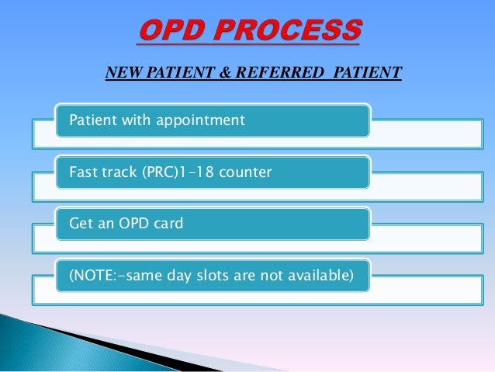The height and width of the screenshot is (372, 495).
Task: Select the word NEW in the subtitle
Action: coord(121,74)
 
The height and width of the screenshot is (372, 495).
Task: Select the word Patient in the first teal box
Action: coord(91,120)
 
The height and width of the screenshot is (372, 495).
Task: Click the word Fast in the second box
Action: coord(83,172)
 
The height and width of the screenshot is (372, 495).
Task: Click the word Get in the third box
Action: coord(81,223)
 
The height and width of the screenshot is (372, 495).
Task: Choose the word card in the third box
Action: coord(168,223)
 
